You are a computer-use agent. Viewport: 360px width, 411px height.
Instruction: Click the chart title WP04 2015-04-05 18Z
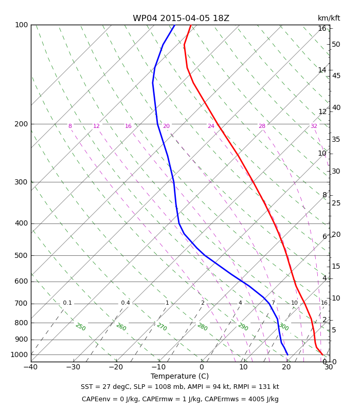pyautogui.click(x=181, y=18)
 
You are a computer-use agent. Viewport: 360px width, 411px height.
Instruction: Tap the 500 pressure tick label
pyautogui.click(x=21, y=255)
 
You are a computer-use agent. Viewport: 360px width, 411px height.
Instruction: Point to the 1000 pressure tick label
pyautogui.click(x=19, y=354)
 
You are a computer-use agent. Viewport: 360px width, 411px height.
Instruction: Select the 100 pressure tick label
pyautogui.click(x=22, y=25)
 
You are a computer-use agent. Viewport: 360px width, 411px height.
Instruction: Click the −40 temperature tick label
pyautogui.click(x=30, y=367)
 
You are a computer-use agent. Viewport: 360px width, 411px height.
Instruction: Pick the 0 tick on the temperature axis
pyautogui.click(x=202, y=367)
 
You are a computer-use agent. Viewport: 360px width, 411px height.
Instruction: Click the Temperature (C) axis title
pyautogui.click(x=179, y=376)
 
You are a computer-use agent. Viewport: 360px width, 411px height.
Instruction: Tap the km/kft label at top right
pyautogui.click(x=329, y=18)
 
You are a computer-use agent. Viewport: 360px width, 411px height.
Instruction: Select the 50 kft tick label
pyautogui.click(x=336, y=44)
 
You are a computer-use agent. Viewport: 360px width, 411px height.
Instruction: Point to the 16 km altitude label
pyautogui.click(x=322, y=28)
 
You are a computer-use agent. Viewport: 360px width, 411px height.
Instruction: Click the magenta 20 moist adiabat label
pyautogui.click(x=166, y=126)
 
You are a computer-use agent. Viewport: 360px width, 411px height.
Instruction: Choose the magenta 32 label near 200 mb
pyautogui.click(x=314, y=126)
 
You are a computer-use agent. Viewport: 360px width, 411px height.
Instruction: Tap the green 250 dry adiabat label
pyautogui.click(x=81, y=327)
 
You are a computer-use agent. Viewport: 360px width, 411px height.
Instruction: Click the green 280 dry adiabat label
pyautogui.click(x=202, y=327)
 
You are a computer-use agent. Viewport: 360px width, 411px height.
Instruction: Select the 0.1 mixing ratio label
pyautogui.click(x=67, y=303)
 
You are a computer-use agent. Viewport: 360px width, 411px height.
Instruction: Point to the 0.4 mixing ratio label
pyautogui.click(x=125, y=303)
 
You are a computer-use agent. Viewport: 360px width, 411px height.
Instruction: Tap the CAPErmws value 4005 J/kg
pyautogui.click(x=263, y=399)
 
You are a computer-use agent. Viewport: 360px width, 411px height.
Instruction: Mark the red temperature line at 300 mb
pyautogui.click(x=253, y=182)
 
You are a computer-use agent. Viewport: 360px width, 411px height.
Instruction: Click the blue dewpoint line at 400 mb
pyautogui.click(x=178, y=223)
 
